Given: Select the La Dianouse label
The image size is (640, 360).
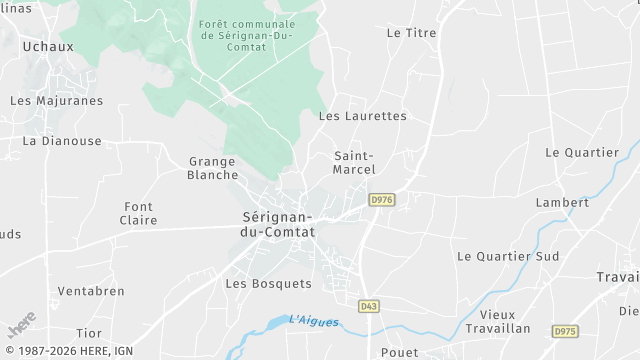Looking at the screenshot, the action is tap(62, 141).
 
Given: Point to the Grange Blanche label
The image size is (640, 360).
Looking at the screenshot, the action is tap(212, 168).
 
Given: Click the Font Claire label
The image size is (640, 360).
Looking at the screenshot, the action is tap(138, 213).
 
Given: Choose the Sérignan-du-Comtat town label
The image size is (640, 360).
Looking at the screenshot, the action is tap(278, 224).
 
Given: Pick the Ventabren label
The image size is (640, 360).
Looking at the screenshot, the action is tap(91, 291).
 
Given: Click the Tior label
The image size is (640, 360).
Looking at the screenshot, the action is tap(89, 332).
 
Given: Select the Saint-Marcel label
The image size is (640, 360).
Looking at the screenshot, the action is tap(354, 162).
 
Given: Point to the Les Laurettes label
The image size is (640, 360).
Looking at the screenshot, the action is tap(362, 116).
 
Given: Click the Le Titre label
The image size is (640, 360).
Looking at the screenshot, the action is tap(412, 33).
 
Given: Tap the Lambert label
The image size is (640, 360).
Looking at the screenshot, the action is tap(562, 202).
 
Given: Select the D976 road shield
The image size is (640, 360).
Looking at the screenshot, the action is tap(381, 200).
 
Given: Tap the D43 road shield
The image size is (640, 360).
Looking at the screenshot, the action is tap(369, 305).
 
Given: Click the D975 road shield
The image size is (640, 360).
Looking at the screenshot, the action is tap(564, 331).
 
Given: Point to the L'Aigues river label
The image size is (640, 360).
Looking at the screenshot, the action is tap(314, 321).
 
